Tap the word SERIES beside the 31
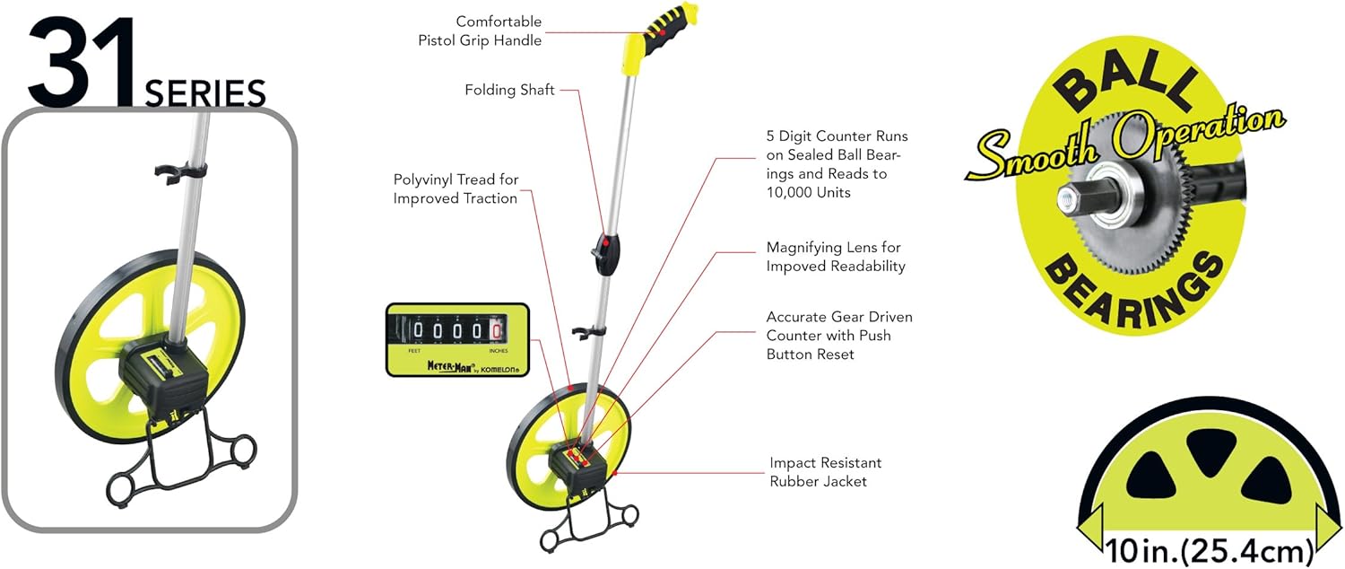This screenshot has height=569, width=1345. tap(205, 93)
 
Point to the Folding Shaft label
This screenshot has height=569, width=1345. tap(509, 90)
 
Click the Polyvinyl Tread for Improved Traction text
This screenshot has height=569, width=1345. tap(456, 189)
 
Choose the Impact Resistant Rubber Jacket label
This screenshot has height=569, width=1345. tap(825, 472)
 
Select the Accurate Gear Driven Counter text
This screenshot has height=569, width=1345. tap(839, 336)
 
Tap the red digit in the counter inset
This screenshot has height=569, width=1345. tap(494, 331)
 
